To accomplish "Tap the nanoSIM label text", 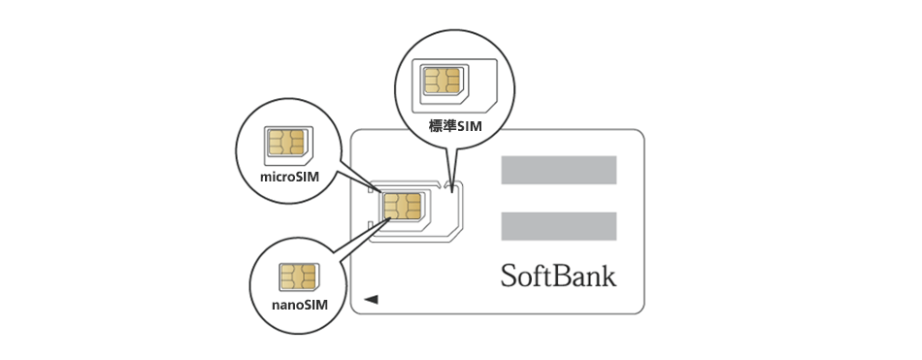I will click(298, 305).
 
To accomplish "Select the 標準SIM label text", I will click(455, 125).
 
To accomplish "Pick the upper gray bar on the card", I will click(558, 170).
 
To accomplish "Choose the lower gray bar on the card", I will click(558, 226).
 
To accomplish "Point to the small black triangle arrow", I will click(371, 300).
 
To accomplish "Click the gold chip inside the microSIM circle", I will click(285, 143).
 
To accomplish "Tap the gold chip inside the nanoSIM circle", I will click(298, 277).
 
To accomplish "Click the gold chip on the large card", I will click(402, 206).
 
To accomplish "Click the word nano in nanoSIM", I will click(286, 305).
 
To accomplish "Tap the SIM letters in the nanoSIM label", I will click(315, 305).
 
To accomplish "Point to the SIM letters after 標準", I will click(471, 125).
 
